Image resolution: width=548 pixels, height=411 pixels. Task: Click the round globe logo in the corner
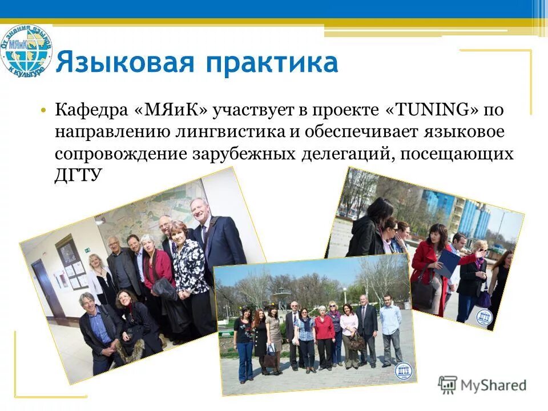click(x=26, y=50)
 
